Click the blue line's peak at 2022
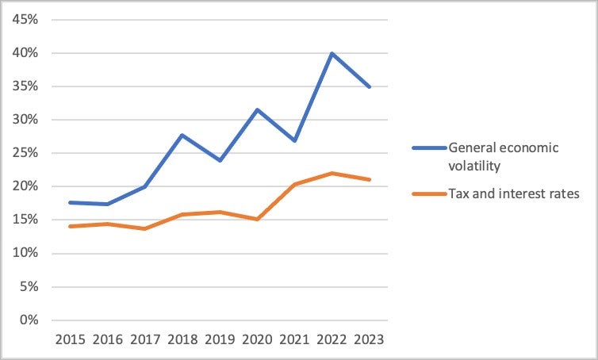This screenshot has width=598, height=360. pos(332,53)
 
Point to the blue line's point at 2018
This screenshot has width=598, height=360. pos(182,135)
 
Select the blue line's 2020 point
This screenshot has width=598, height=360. pos(256,109)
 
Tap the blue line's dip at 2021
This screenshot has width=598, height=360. pos(294,140)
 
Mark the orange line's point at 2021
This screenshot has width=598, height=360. pos(294,184)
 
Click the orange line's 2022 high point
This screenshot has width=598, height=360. pos(332,173)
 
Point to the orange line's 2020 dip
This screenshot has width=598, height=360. pos(256,219)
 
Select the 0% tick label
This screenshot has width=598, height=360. pos(29,320)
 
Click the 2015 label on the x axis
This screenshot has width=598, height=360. pos(69,339)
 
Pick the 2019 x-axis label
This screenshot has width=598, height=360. pos(219,339)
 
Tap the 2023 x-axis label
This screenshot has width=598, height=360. pos(369,339)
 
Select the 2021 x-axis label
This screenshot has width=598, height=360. pos(294,339)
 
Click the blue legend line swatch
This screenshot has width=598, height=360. pos(428,147)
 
